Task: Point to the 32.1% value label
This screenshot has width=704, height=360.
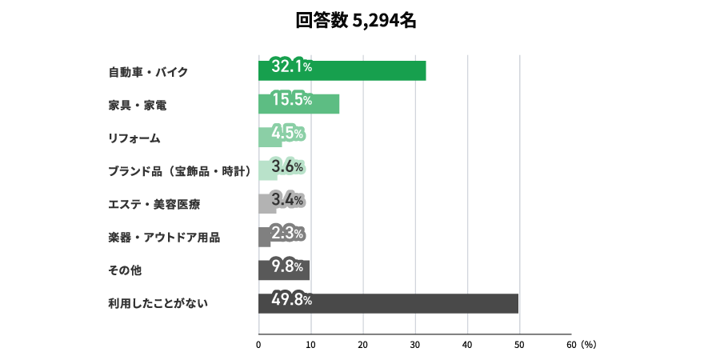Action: [x=291, y=67]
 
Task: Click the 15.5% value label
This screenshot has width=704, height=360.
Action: [x=291, y=101]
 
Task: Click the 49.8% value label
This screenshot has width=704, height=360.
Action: [x=291, y=301]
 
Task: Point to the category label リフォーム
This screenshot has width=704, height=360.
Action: [x=134, y=138]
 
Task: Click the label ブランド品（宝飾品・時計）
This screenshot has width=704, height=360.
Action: [x=181, y=171]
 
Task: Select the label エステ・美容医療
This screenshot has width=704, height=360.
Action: [x=154, y=205]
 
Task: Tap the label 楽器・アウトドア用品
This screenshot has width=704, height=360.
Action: [x=164, y=238]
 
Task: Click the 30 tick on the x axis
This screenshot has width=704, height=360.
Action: [x=415, y=345]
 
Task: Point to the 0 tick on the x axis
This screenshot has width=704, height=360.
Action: [x=259, y=345]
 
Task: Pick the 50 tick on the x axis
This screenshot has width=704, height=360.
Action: [x=519, y=345]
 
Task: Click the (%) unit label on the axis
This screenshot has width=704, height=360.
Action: [x=589, y=345]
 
